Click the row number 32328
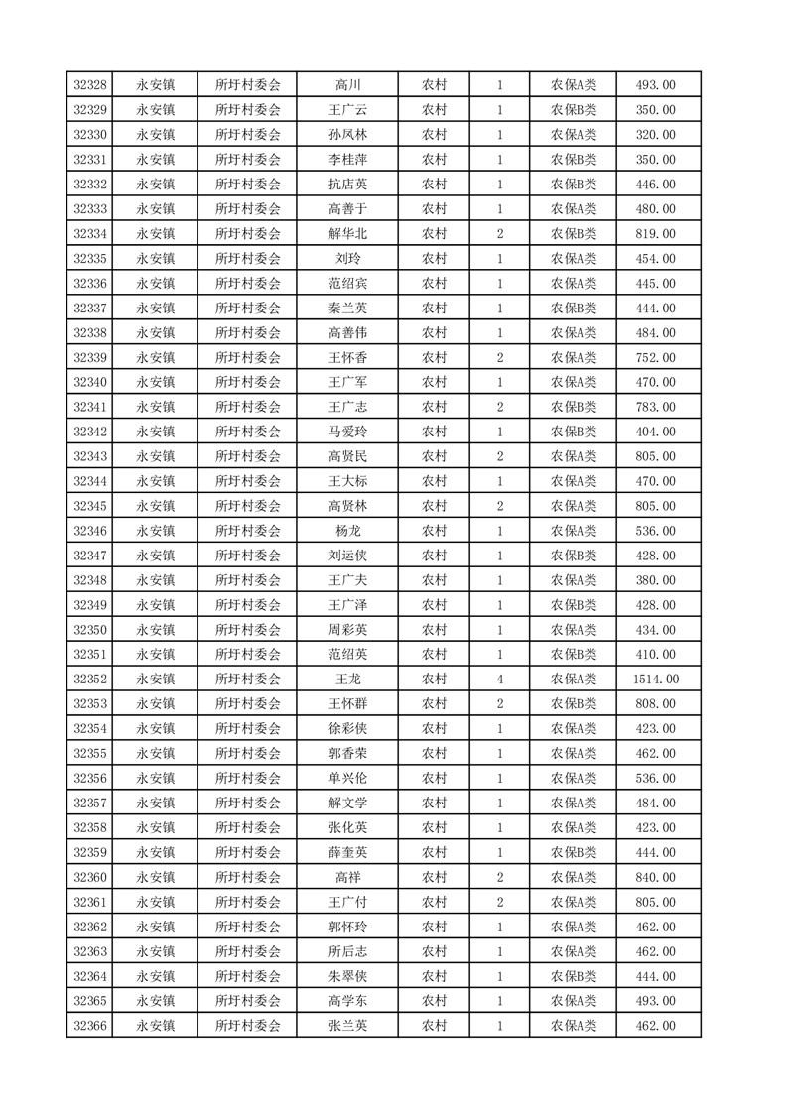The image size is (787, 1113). pos(90,85)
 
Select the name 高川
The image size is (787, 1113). pos(347,85)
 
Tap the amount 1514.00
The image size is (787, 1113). pos(655,680)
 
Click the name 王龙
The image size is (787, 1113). pos(347,680)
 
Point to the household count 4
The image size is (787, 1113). pos(499,680)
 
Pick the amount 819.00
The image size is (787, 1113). pos(655,234)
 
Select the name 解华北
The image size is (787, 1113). pos(347,234)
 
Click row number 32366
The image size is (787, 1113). pos(90,1026)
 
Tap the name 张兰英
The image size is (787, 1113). pos(347,1026)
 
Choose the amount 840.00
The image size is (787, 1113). pos(655,877)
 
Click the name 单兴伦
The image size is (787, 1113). pos(347,779)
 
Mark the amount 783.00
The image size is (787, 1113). pos(655,407)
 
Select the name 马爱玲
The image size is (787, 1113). pos(347,432)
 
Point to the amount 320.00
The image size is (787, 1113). pos(655,135)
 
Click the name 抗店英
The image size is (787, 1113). pos(347,185)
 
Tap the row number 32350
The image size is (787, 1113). pos(90,630)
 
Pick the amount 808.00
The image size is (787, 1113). pos(655,704)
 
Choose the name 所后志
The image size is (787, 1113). pos(347,951)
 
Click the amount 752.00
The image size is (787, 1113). pos(655,358)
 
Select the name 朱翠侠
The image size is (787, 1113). pos(347,976)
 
